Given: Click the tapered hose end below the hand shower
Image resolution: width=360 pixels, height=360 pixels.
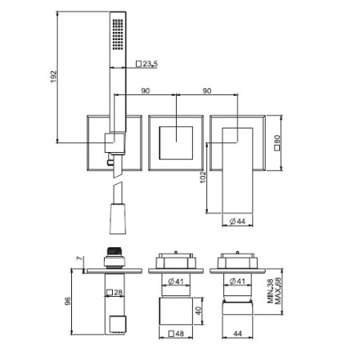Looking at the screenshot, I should click(x=117, y=210).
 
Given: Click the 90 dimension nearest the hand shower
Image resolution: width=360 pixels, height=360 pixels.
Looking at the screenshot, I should click(x=146, y=90).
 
